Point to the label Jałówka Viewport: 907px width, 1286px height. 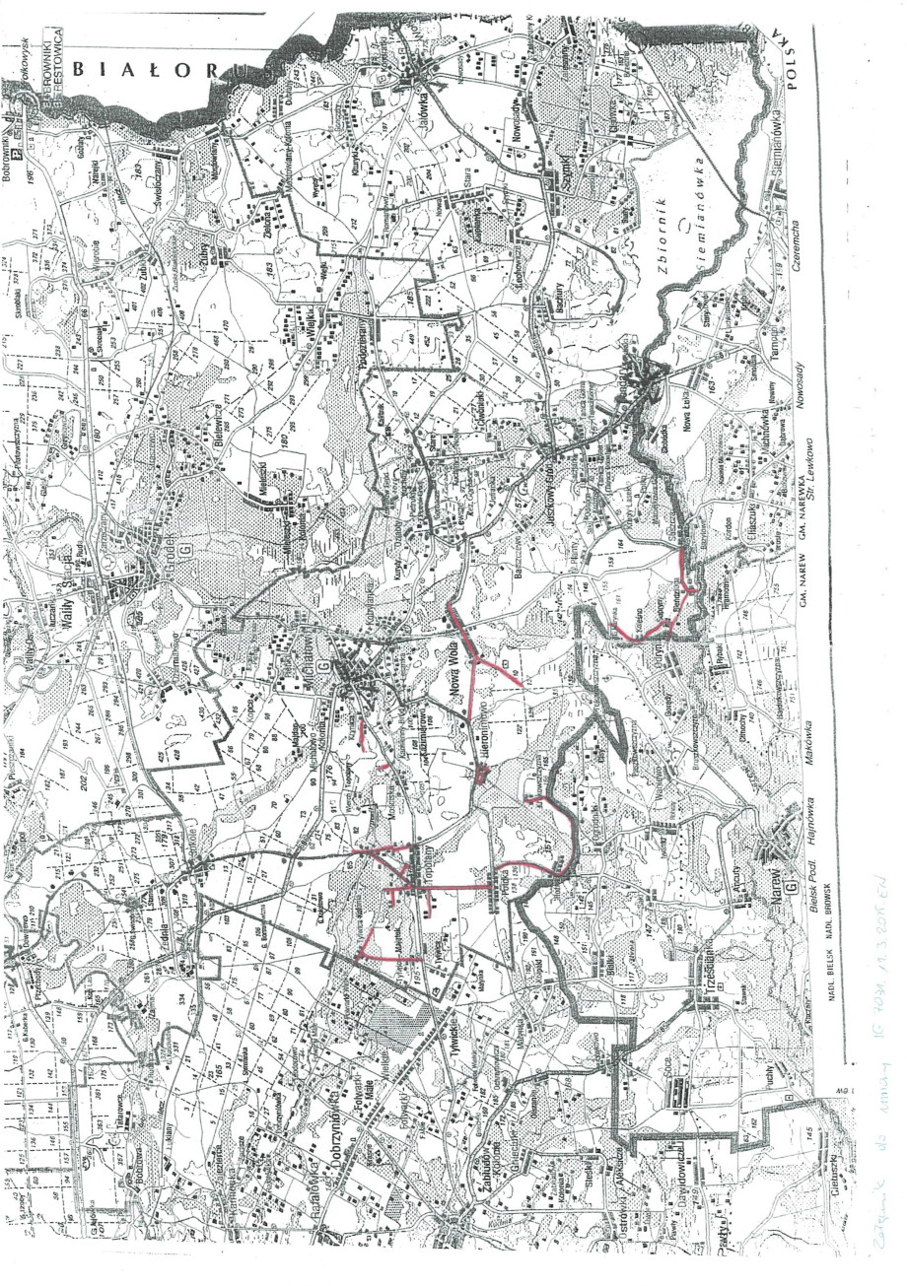(x=431, y=98)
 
